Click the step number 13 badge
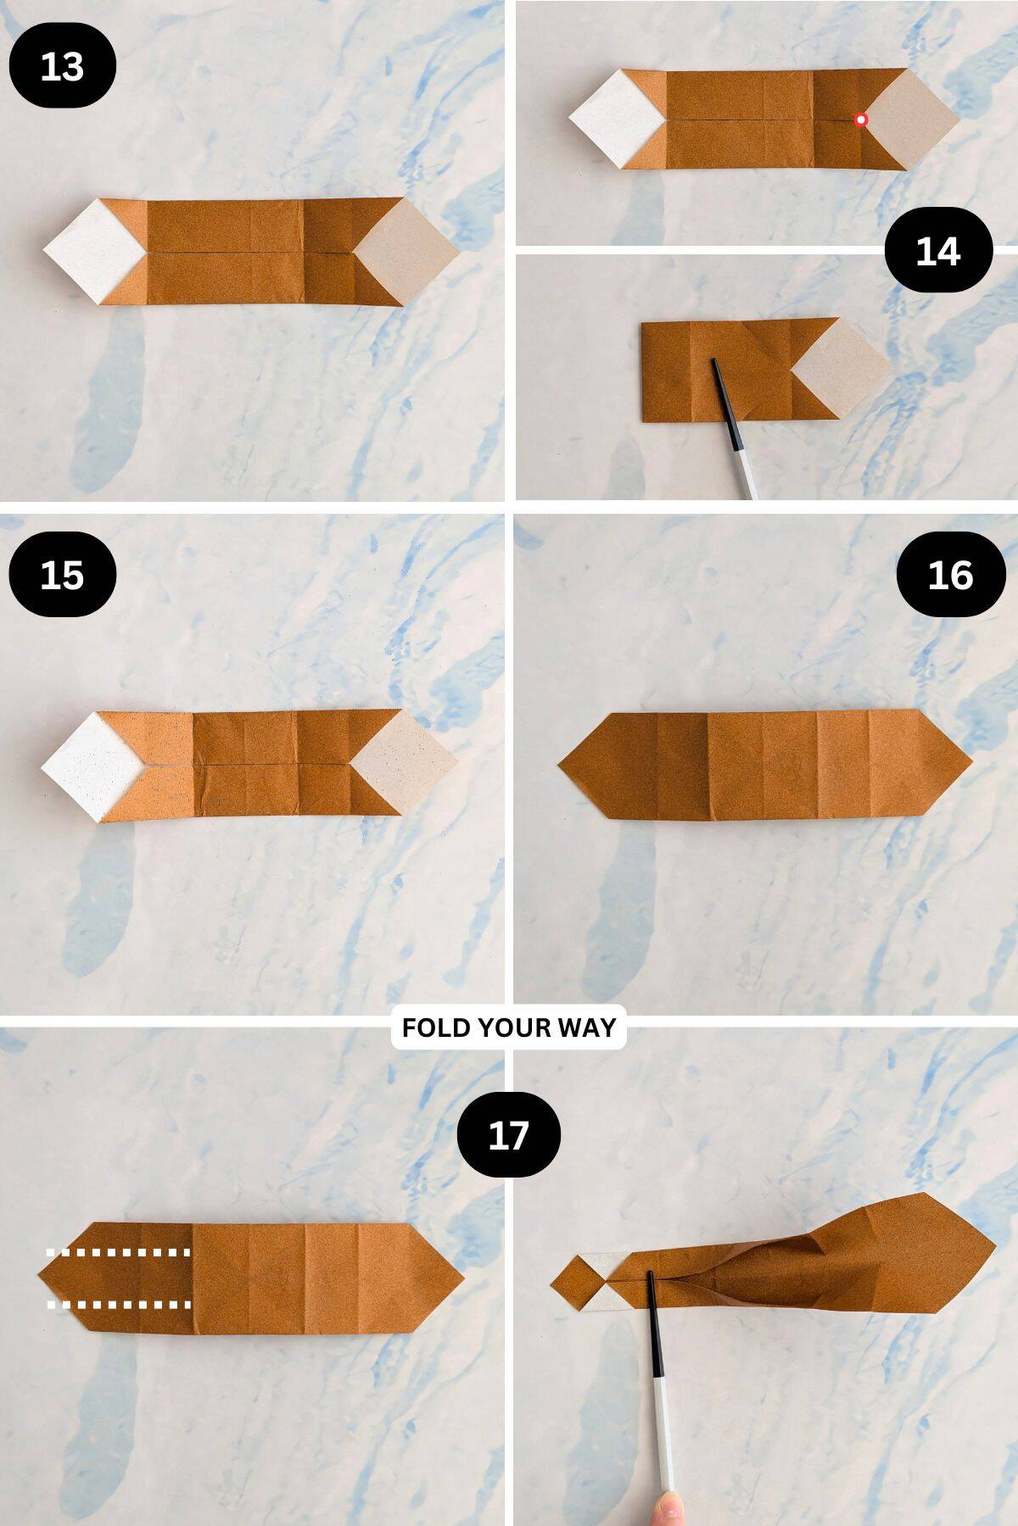(62, 66)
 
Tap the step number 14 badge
(937, 251)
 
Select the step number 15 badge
(62, 574)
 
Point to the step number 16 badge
(949, 574)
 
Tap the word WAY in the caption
(586, 1028)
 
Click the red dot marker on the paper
(861, 120)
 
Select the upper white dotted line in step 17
(119, 1251)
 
